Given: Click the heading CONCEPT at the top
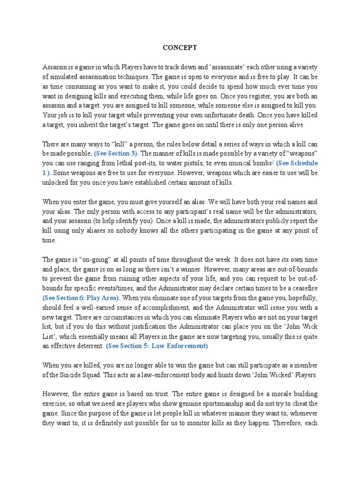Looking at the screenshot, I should click(180, 48).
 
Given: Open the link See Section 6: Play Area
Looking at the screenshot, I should click(82, 298).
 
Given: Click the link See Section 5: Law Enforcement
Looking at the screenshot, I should click(157, 346).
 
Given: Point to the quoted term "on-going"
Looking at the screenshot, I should click(93, 259).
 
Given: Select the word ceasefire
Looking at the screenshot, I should click(303, 288).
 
